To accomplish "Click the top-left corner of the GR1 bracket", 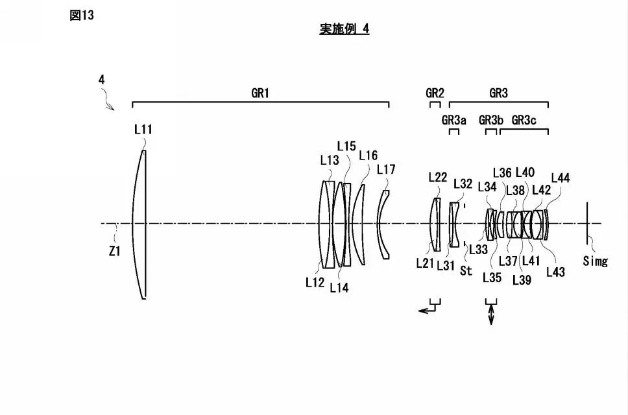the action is [132, 102].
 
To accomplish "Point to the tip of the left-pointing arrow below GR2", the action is [418, 310].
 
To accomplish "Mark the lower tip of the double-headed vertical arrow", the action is [491, 324].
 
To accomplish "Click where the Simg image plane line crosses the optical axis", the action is [587, 223].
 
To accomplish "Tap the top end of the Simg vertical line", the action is [587, 202].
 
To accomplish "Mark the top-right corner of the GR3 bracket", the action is [548, 102].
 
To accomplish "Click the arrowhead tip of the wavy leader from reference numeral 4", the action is [114, 110].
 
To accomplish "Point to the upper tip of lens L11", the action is [144, 150].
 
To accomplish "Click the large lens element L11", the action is [139, 224].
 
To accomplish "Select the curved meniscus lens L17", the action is [383, 224].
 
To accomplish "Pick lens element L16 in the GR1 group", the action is [359, 224].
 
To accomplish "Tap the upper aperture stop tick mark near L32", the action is [465, 206].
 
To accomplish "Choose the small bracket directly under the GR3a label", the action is [453, 132].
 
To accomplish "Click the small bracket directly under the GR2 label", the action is [435, 104].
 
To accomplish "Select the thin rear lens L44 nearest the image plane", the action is [546, 224].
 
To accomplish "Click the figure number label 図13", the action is [82, 15].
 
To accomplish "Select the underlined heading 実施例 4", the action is [344, 29].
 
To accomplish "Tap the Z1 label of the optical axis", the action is [115, 252].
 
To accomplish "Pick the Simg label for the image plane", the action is [595, 261].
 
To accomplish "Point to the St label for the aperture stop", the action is [466, 271].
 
